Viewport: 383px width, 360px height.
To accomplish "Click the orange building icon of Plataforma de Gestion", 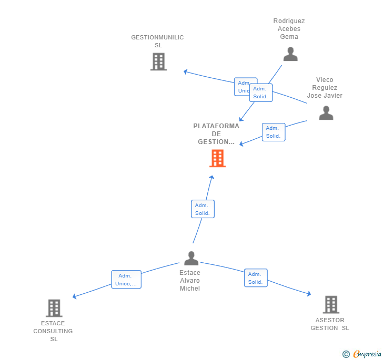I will tap(217, 158).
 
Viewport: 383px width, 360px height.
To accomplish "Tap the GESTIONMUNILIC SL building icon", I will tap(158, 61).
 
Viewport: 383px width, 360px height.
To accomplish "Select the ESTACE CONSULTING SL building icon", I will tap(54, 308).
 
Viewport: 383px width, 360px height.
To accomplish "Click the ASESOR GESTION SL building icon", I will tap(330, 304).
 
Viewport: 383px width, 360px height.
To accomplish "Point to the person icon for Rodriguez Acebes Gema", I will tap(290, 54).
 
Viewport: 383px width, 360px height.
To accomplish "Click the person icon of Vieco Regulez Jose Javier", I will tap(326, 113).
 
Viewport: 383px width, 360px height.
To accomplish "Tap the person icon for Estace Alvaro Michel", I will tap(191, 258).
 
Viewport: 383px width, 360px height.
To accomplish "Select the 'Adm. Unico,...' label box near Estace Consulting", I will tap(126, 280).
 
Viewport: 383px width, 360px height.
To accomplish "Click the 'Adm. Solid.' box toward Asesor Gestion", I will tap(256, 278).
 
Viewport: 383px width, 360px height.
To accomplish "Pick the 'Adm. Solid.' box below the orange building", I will tap(203, 209).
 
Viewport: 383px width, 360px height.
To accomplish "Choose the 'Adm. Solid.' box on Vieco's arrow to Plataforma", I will tap(274, 132).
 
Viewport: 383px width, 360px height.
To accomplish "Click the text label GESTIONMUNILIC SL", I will tap(157, 41).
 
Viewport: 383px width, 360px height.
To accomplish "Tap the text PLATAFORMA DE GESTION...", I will tap(216, 133).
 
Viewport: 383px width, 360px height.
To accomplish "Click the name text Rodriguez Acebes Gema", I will tap(289, 29).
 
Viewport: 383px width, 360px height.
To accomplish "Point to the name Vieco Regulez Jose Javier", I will tap(325, 88).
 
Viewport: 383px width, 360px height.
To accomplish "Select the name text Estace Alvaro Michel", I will tap(190, 280).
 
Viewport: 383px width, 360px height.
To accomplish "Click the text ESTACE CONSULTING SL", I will tap(53, 331).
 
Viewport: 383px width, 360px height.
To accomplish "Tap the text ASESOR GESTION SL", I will tap(330, 324).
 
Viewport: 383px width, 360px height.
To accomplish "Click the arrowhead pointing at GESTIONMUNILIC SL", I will tap(186, 71).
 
